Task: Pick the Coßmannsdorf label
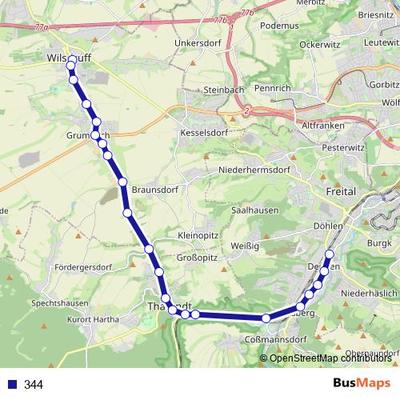point(274,339)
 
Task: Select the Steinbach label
point(222,90)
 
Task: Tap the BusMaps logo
point(362,385)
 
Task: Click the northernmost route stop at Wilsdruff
point(72,61)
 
